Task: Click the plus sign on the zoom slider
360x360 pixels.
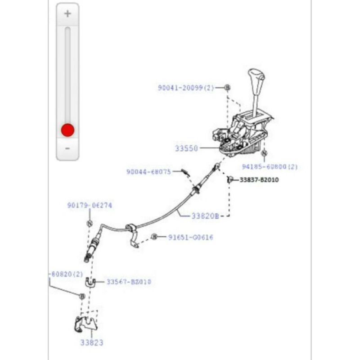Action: coord(67,13)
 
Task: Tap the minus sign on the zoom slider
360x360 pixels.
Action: coord(67,148)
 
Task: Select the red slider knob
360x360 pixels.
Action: coord(67,130)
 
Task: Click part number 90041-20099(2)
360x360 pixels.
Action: coord(186,88)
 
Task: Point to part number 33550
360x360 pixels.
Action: coord(186,148)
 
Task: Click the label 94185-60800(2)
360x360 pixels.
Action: coord(270,166)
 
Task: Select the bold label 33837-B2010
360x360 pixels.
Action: coord(259,180)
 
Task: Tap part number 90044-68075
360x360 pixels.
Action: coord(148,171)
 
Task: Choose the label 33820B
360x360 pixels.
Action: coord(205,216)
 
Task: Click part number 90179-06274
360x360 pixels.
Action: coord(90,205)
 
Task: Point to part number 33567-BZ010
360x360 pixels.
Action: coord(129,282)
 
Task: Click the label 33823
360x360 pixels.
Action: coord(92,343)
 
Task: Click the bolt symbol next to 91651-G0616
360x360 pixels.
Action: coord(154,237)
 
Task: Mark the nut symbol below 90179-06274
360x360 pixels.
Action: coord(89,223)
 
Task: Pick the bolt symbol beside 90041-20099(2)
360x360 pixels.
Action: coord(227,87)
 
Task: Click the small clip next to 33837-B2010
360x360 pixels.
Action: coord(229,180)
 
